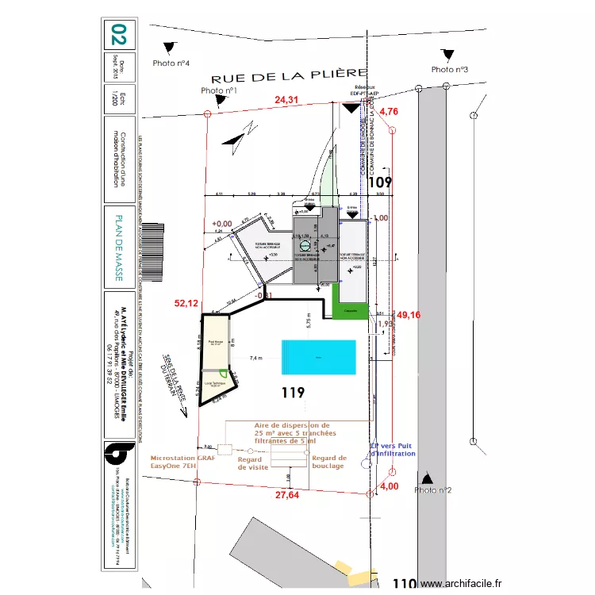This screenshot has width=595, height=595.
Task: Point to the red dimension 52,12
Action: click(186, 303)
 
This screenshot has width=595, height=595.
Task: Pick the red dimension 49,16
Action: click(409, 315)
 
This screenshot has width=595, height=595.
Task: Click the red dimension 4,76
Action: click(389, 112)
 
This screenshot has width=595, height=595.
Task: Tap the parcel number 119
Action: click(294, 392)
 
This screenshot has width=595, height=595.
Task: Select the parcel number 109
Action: click(381, 182)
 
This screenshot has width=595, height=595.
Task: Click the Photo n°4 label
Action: click(170, 63)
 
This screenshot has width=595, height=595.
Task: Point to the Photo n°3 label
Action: click(450, 70)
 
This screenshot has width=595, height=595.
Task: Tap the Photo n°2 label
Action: click(432, 490)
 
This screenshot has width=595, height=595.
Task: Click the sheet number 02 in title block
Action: click(119, 35)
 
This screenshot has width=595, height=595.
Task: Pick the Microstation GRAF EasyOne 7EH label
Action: click(183, 462)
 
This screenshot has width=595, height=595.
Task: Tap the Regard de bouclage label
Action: click(328, 462)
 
